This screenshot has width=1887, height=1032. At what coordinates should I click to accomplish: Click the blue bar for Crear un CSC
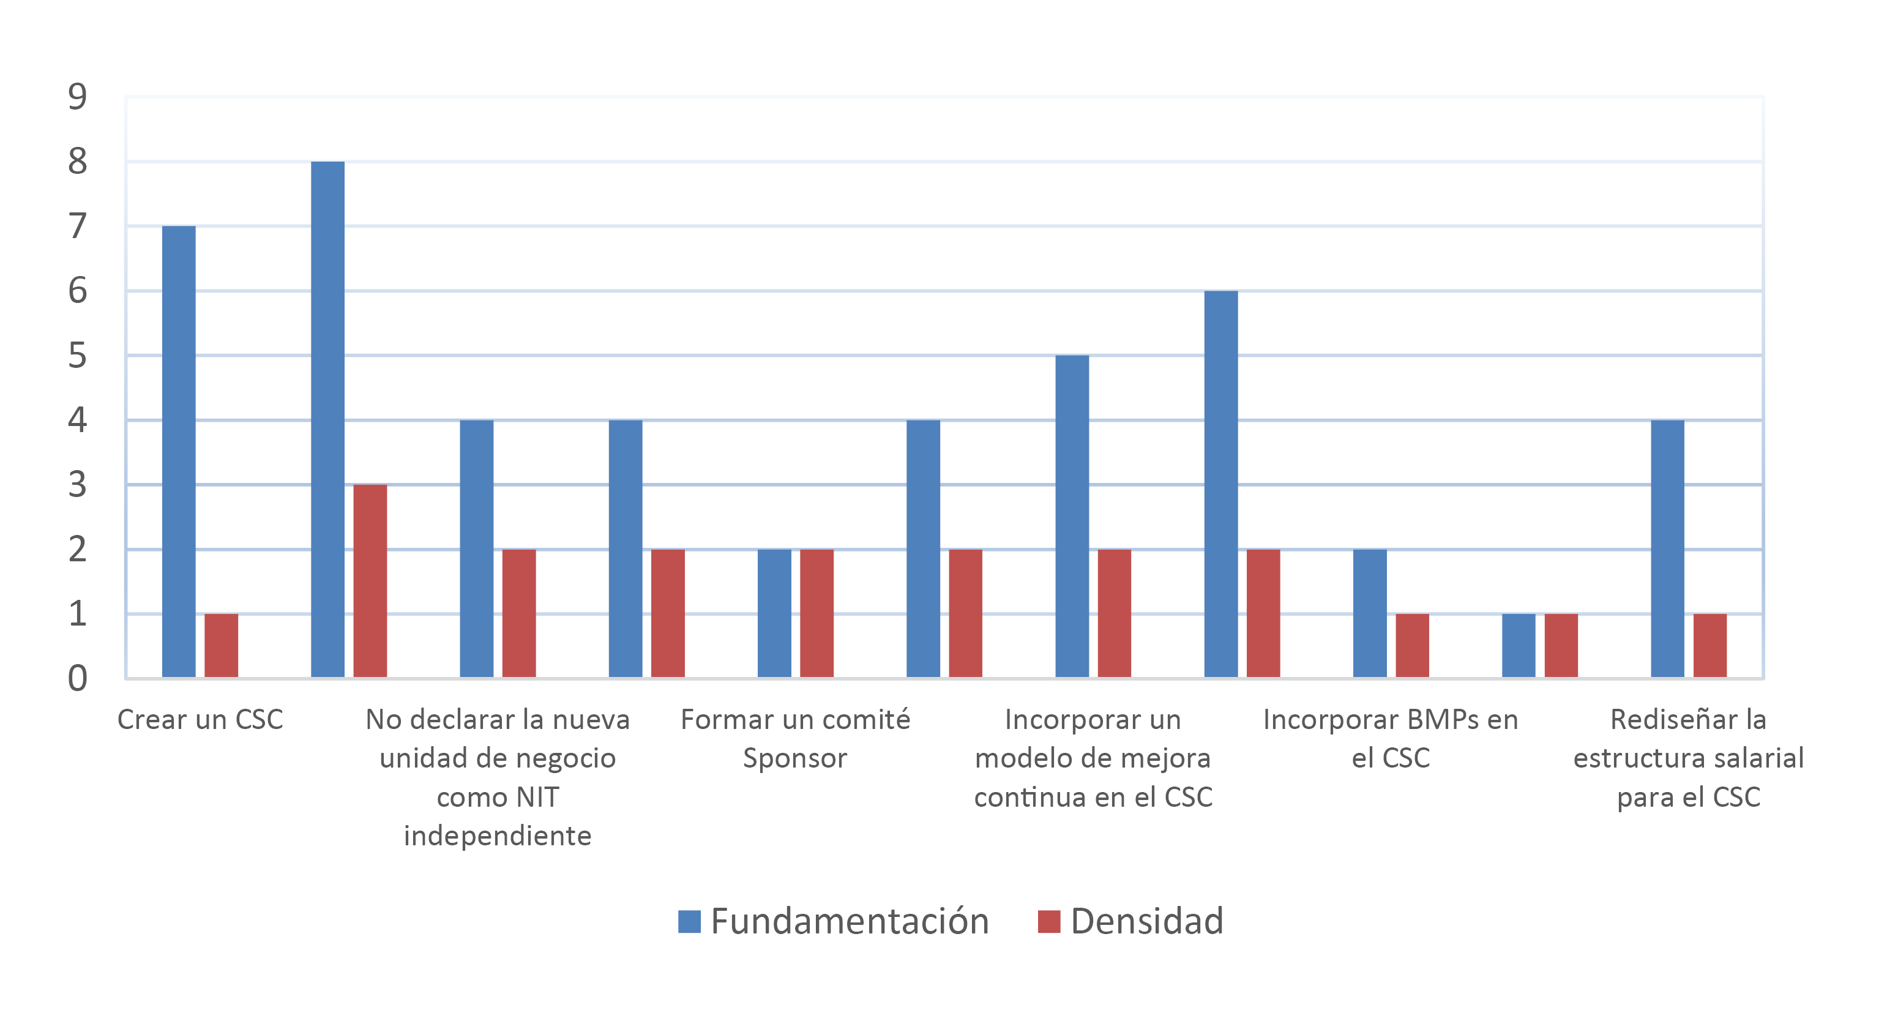coord(179,451)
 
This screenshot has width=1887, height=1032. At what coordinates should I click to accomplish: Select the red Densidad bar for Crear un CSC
coord(221,645)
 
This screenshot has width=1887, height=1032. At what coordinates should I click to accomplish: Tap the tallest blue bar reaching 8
coord(327,419)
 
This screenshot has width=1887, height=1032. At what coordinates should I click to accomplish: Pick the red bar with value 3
coord(370,581)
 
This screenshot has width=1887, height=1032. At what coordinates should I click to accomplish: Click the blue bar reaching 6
coord(1220,484)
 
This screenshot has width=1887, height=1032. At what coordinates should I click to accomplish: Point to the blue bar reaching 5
coord(1072,517)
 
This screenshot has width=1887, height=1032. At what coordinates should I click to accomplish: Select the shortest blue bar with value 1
coord(1518,645)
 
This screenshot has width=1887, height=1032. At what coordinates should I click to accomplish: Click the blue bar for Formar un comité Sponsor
coord(774,613)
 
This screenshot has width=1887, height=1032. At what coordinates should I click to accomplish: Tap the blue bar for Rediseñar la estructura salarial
coord(1667,548)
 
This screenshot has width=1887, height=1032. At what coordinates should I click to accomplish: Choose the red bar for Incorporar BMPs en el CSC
coord(1411,645)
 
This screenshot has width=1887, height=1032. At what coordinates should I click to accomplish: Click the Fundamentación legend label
coord(850,921)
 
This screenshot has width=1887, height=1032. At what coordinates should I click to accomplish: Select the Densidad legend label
coord(1146,921)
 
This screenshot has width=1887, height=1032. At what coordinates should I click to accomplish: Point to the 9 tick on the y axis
coord(77,97)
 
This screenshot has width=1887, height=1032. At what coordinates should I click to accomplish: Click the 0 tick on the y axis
coord(77,678)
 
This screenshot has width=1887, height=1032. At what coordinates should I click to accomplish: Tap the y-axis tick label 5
coord(77,356)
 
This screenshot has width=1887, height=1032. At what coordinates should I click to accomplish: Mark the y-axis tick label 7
coord(77,226)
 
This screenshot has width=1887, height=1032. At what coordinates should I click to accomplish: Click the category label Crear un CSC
coord(200,719)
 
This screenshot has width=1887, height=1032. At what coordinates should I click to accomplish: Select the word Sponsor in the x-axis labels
coord(795,758)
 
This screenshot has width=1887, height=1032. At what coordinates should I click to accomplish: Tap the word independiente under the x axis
coord(498,836)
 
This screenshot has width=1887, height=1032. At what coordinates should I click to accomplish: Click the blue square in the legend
coord(689,921)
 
